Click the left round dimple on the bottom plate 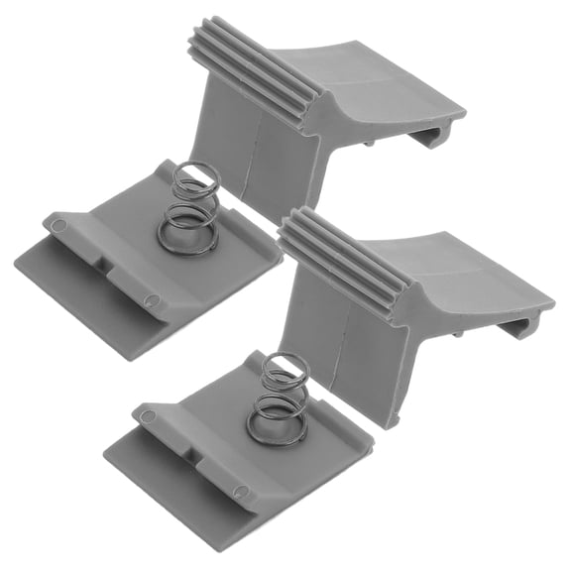(x=148, y=415)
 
